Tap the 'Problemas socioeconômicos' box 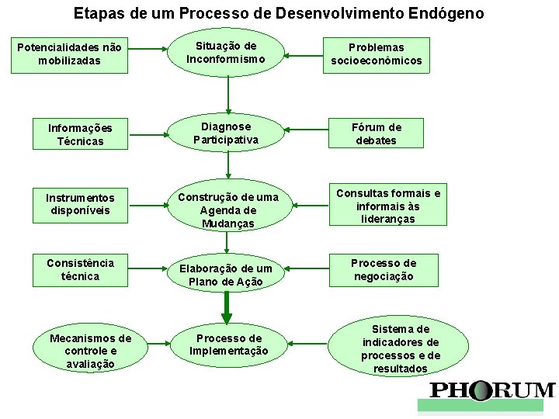coord(377,54)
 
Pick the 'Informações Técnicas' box coord(80,134)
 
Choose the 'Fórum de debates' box coord(377,133)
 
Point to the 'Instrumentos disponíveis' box coord(80,204)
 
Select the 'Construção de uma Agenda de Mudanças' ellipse coord(227,209)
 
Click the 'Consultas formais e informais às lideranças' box coord(388,206)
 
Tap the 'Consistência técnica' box coord(80,269)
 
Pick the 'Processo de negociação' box coord(383,269)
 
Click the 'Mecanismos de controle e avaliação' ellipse coord(91,351)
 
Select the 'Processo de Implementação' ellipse coord(229,345)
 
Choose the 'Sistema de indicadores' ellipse coord(401,349)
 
